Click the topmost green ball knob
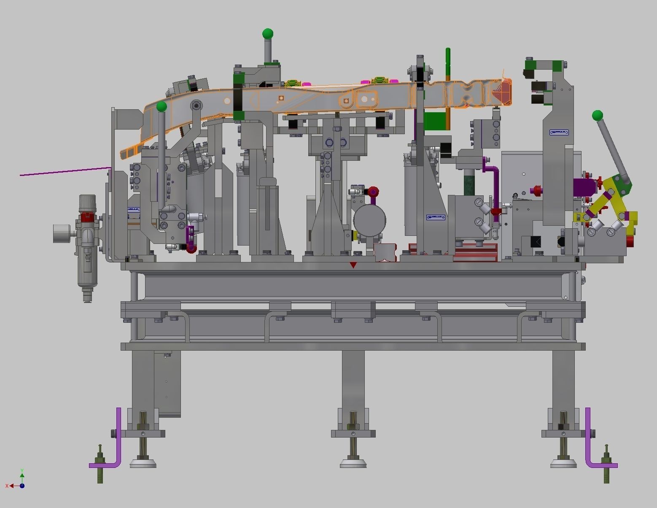pos(267,33)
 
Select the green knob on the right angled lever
pos(597,115)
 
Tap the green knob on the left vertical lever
pos(162,107)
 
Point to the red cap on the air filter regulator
pos(87,217)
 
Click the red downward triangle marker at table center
pos(353,265)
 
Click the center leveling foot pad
pos(353,463)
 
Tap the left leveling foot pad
pos(143,463)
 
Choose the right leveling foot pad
pos(563,463)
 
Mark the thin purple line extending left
pos(63,172)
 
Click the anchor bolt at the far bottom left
pos(100,464)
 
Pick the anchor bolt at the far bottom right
pos(606,464)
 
